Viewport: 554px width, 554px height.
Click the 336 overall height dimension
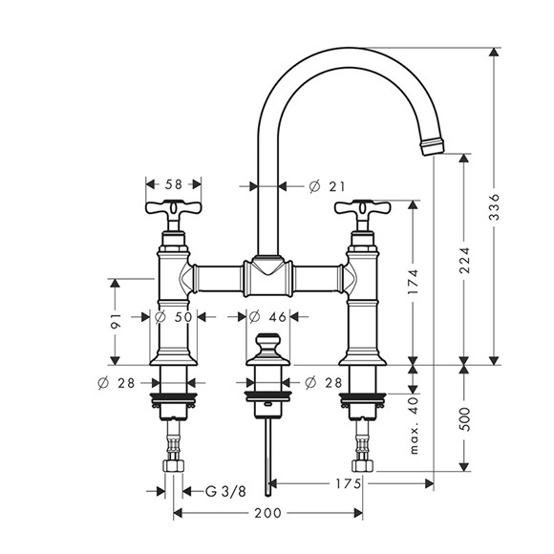495,206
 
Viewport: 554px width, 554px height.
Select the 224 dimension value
464,260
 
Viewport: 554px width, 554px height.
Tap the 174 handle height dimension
413,282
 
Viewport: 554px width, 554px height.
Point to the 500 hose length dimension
464,419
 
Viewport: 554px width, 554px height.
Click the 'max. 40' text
414,425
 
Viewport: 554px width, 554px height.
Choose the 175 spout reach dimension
348,483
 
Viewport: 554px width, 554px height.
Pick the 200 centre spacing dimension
267,513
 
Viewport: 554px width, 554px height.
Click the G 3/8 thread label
225,492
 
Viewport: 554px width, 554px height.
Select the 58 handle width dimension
173,184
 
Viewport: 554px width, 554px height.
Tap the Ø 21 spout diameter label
327,186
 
